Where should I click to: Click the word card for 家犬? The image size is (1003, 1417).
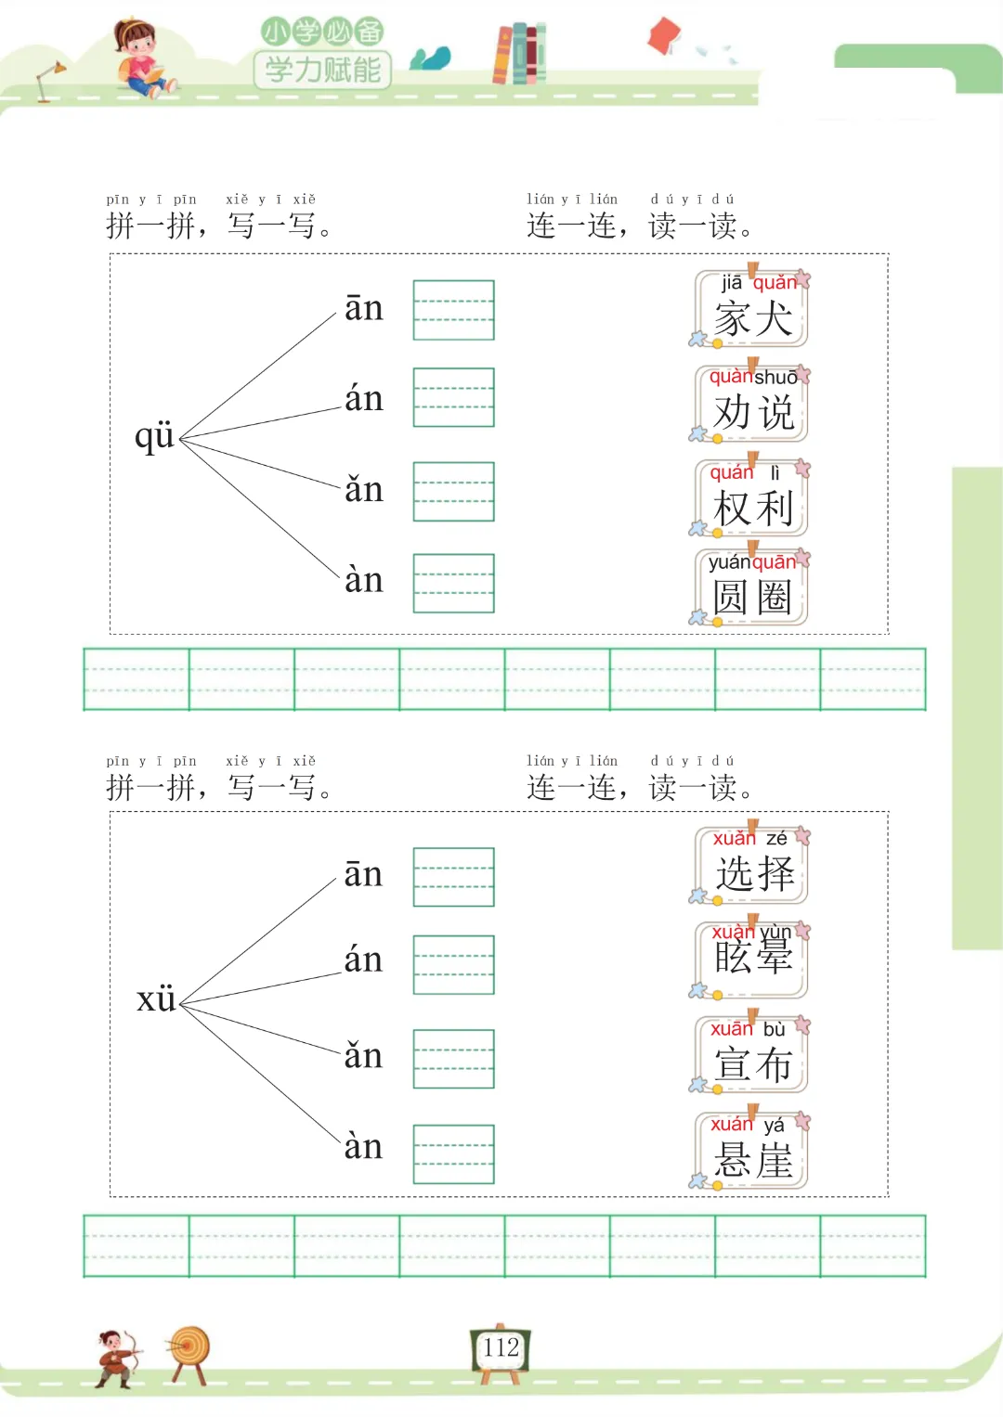click(x=752, y=310)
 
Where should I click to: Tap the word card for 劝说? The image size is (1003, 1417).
click(x=752, y=405)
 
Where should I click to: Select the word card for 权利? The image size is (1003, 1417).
click(x=752, y=499)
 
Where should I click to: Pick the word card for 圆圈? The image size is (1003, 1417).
click(x=752, y=588)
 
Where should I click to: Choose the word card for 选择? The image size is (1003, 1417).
click(x=752, y=866)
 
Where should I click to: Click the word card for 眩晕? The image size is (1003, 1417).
click(x=752, y=960)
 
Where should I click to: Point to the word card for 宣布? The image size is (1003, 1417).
click(x=752, y=1055)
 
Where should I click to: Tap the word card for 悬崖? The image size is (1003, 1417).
click(x=752, y=1151)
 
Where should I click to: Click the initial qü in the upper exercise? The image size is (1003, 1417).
click(x=154, y=435)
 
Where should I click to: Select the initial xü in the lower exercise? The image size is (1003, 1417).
click(x=156, y=998)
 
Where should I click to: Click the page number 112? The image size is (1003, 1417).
click(x=501, y=1347)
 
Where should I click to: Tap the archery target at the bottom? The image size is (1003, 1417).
click(x=189, y=1351)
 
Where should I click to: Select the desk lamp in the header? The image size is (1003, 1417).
click(x=48, y=80)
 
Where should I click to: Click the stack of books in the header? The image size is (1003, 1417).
click(x=520, y=53)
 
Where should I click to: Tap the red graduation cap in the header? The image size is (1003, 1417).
click(x=665, y=36)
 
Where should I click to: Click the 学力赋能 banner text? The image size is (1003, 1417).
click(x=322, y=70)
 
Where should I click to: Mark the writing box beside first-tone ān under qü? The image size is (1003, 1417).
click(x=453, y=310)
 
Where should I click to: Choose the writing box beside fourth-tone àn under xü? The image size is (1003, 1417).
click(x=453, y=1153)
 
